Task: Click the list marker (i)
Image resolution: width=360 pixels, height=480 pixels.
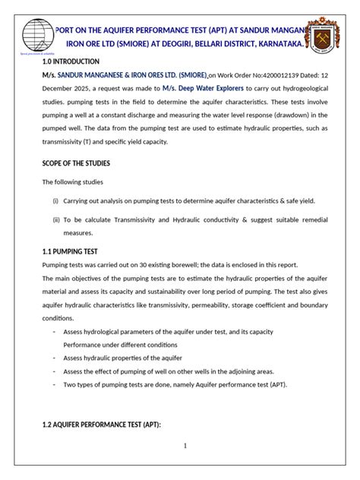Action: [x=55, y=201]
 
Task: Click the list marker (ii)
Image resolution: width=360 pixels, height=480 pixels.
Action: [x=55, y=218]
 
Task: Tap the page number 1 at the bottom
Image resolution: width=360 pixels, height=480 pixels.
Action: [x=185, y=446]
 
